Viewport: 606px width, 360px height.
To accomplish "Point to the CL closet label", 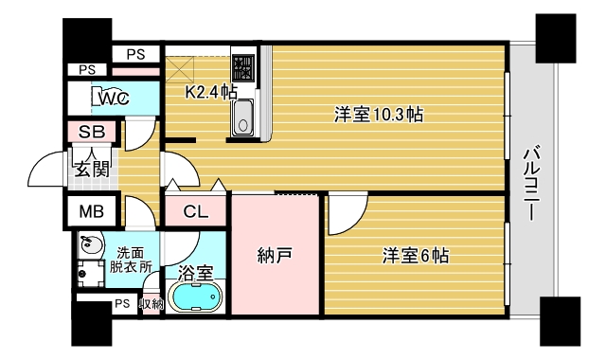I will (x=197, y=212).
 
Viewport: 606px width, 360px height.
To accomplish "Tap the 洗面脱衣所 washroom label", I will (x=133, y=260).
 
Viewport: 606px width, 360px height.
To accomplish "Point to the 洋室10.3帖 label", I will (x=378, y=115).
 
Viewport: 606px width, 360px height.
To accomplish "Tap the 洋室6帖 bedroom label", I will (x=415, y=255).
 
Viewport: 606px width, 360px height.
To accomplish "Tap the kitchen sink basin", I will (x=242, y=117).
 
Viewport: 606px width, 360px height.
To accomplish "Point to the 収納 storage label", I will (x=151, y=304).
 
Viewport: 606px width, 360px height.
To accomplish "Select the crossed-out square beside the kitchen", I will (x=180, y=70).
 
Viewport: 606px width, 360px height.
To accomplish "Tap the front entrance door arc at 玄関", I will (x=47, y=171).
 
